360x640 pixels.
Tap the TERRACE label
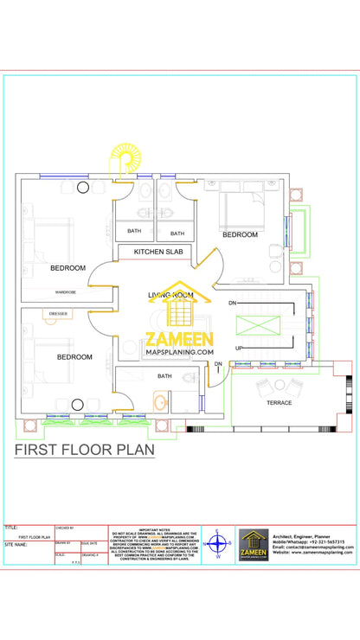click(x=279, y=403)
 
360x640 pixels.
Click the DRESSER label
click(x=58, y=314)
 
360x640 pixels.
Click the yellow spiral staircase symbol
click(x=126, y=163)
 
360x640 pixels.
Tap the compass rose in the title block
click(x=219, y=544)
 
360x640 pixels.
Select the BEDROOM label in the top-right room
click(x=240, y=234)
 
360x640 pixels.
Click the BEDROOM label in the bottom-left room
click(x=74, y=356)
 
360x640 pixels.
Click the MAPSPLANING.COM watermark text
click(x=179, y=352)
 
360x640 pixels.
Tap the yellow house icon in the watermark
click(x=179, y=304)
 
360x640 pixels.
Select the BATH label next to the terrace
click(x=164, y=376)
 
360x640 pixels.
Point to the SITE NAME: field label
click(x=16, y=545)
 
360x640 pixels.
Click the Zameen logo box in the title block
click(x=254, y=545)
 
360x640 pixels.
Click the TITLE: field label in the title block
click(x=11, y=527)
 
